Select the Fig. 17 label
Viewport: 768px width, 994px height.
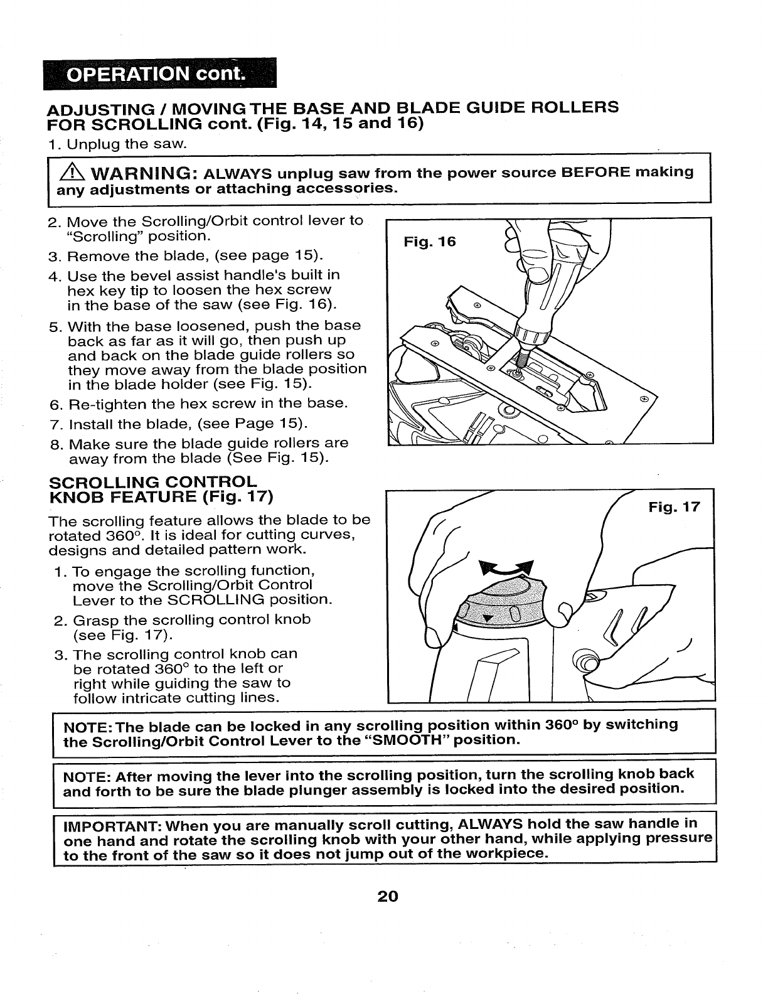[x=673, y=507]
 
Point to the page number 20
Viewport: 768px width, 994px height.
[x=388, y=896]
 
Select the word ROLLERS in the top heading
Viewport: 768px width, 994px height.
[x=575, y=107]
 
